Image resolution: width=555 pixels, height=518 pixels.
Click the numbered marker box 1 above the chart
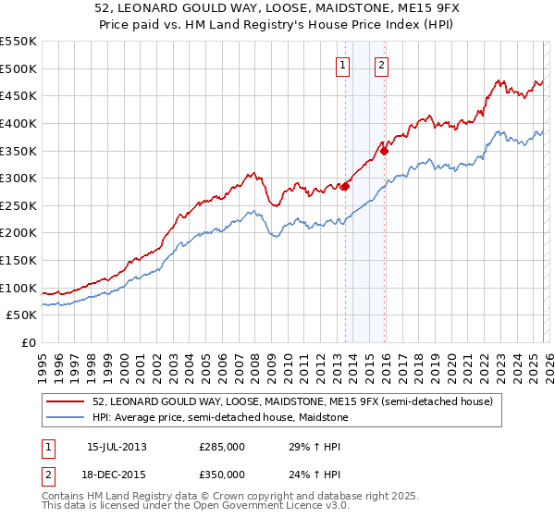pyautogui.click(x=343, y=65)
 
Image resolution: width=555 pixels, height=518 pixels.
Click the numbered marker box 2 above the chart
pyautogui.click(x=381, y=65)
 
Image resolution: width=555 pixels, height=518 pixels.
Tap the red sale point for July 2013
pyautogui.click(x=345, y=186)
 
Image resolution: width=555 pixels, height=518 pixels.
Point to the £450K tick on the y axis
pyautogui.click(x=18, y=95)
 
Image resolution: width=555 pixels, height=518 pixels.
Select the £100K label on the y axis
pyautogui.click(x=18, y=288)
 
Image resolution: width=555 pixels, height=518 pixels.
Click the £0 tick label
pyautogui.click(x=29, y=342)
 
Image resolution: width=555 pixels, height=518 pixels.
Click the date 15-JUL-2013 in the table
pyautogui.click(x=117, y=448)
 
